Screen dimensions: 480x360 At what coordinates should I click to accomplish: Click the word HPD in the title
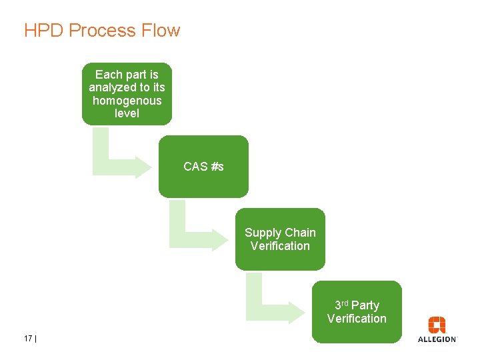(x=43, y=30)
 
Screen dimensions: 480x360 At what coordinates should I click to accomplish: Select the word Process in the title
(x=102, y=30)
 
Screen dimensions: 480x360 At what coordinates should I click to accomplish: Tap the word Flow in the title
(x=161, y=30)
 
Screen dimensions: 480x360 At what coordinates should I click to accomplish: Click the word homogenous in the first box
(x=127, y=101)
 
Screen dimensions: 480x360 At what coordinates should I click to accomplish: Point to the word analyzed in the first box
(x=113, y=87)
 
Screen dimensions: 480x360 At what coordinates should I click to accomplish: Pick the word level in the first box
(x=127, y=113)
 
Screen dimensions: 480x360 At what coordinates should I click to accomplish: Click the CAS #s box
(x=203, y=167)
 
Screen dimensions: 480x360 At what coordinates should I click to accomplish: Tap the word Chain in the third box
(x=301, y=233)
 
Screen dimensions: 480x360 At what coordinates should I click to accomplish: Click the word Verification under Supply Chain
(x=280, y=246)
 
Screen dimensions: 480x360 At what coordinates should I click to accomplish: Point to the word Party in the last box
(x=365, y=305)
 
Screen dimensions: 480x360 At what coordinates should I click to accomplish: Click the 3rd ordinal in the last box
(x=341, y=305)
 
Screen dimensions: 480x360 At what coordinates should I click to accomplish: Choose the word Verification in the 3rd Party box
(x=357, y=319)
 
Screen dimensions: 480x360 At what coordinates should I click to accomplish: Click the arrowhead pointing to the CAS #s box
(x=143, y=167)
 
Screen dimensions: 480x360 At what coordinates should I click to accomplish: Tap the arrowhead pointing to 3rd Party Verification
(x=297, y=312)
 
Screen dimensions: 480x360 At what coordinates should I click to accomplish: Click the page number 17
(x=28, y=338)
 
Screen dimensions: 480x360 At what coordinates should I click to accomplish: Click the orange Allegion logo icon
(x=437, y=325)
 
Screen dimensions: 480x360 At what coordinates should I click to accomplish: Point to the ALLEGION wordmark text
(x=437, y=339)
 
